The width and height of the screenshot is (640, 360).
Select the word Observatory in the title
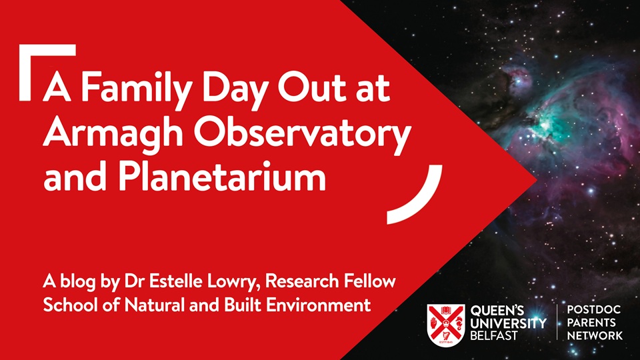click(302, 133)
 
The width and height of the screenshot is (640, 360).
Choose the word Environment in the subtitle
click(318, 305)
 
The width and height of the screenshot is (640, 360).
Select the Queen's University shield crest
click(446, 325)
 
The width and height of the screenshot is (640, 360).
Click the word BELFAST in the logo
click(494, 335)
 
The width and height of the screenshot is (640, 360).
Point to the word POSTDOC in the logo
click(594, 310)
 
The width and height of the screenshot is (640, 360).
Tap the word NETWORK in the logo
click(595, 336)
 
